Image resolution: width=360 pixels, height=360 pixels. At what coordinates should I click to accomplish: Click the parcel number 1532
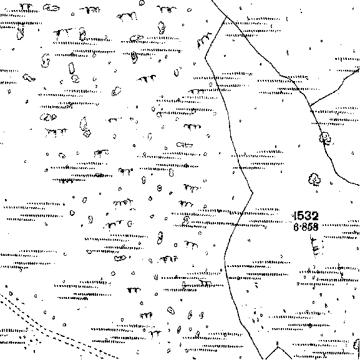tap(306, 216)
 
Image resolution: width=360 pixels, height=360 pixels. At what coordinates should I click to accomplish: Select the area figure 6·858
tap(306, 227)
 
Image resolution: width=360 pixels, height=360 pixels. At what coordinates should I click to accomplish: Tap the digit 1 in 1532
tap(295, 216)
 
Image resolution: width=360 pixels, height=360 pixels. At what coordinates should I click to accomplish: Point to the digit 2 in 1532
tap(315, 216)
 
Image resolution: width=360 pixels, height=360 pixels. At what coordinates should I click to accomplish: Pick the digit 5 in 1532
tap(301, 216)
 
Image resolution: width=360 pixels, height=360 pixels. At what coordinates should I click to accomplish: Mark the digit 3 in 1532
tap(308, 216)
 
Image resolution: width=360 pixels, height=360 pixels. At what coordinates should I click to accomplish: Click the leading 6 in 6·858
tap(296, 227)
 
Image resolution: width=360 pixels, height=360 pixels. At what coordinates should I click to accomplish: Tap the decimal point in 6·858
tap(300, 227)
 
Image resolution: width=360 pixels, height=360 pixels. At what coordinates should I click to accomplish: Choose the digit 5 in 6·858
tap(309, 227)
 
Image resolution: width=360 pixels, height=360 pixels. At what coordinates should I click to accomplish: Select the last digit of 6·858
tap(316, 227)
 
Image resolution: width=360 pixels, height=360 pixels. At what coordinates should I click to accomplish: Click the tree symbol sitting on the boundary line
tap(325, 139)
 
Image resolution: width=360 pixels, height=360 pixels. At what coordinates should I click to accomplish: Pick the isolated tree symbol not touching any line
tap(314, 179)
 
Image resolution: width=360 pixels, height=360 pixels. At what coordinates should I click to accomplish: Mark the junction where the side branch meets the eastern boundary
tap(310, 105)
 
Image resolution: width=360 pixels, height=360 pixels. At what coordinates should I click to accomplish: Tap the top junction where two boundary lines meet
tap(227, 16)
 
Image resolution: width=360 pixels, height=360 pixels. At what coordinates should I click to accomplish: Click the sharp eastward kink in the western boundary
tap(253, 193)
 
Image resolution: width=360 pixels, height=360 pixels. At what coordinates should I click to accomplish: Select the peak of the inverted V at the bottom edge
tap(278, 347)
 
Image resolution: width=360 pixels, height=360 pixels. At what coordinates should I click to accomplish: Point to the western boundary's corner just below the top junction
tap(205, 58)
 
